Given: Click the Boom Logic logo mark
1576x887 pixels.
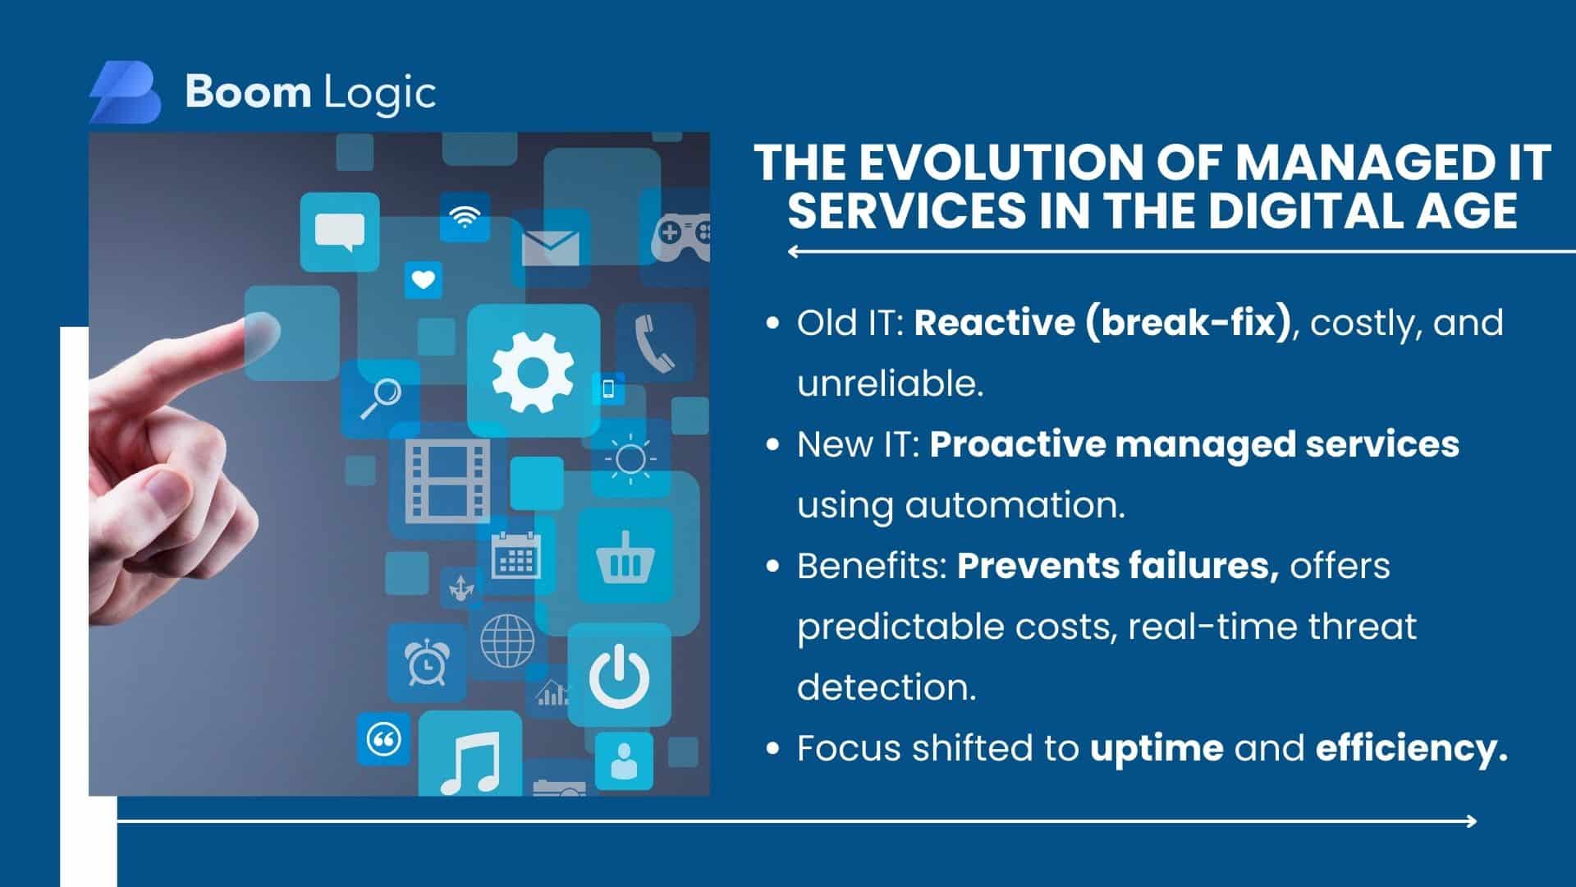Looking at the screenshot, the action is coord(125,92).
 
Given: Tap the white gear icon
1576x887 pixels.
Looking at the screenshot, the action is coord(533,372).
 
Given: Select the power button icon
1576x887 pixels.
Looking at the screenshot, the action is coord(620,676).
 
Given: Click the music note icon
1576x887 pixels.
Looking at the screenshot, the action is coord(470,762).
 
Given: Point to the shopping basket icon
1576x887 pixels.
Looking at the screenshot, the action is coord(625,557).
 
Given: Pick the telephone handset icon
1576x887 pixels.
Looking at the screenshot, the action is coord(654,344).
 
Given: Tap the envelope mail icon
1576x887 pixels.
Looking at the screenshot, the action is coord(550,247).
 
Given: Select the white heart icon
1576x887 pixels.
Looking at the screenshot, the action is coord(424,280).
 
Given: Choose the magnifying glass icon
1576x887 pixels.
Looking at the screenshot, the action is coord(381,398).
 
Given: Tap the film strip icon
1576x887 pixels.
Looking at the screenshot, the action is coord(448,480).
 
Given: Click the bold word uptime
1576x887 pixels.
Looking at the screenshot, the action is coord(1157,749).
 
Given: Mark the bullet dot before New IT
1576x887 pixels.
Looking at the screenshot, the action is coord(772,445).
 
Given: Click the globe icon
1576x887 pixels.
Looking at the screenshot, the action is coord(507,641).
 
